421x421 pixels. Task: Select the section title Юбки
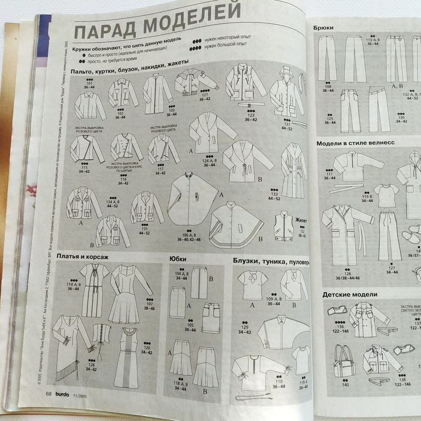click(x=177, y=258)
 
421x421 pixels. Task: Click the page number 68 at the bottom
click(x=48, y=394)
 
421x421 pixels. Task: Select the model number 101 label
click(x=88, y=83)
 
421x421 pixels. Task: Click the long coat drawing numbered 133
click(x=294, y=168)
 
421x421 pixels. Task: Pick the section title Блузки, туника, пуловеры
click(x=271, y=260)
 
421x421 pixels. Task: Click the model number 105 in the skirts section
click(x=191, y=325)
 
